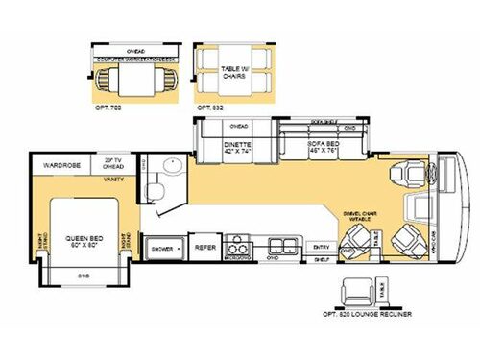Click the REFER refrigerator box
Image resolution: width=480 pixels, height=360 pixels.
click(x=205, y=246)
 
